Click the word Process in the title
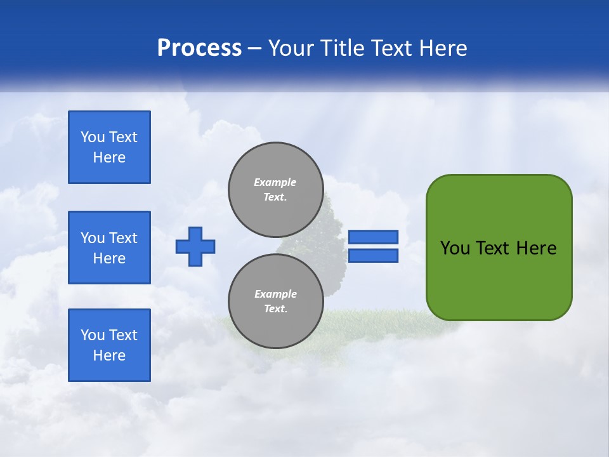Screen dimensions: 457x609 pyautogui.click(x=199, y=48)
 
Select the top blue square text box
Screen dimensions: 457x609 pyautogui.click(x=109, y=147)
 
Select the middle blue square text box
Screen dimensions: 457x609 pyautogui.click(x=109, y=248)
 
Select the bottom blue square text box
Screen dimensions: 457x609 pyautogui.click(x=109, y=345)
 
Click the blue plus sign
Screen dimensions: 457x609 pyautogui.click(x=195, y=246)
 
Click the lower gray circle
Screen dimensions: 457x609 pyautogui.click(x=275, y=301)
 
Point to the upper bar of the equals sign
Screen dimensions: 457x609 pyautogui.click(x=373, y=237)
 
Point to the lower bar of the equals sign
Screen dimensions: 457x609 pyautogui.click(x=373, y=256)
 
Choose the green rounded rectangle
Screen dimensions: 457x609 pyautogui.click(x=499, y=279)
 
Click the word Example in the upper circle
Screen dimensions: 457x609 pyautogui.click(x=275, y=182)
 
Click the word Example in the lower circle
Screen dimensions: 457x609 pyautogui.click(x=275, y=294)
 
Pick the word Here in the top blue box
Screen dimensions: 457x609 pyautogui.click(x=109, y=157)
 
